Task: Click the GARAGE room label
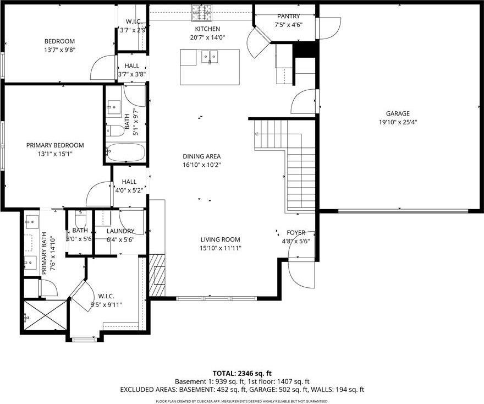[x=397, y=113]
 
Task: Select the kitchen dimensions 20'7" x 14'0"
[x=207, y=37]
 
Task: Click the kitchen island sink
[x=210, y=56]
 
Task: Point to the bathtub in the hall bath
[x=125, y=152]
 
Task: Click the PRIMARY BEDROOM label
[x=55, y=145]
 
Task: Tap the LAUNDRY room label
[x=120, y=231]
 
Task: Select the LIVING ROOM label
[x=220, y=239]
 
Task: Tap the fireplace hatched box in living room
[x=157, y=275]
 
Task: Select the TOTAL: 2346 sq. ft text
[x=242, y=373]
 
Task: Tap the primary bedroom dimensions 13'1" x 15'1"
[x=55, y=154]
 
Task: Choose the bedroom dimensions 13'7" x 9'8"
[x=59, y=50]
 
